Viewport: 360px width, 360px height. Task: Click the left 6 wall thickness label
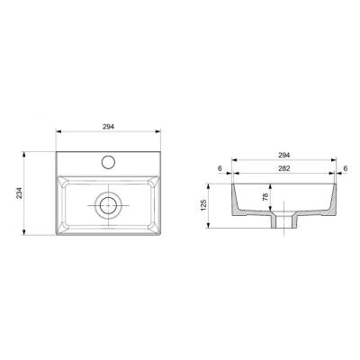click(219, 167)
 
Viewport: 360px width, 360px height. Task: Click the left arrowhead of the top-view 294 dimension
click(57, 136)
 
